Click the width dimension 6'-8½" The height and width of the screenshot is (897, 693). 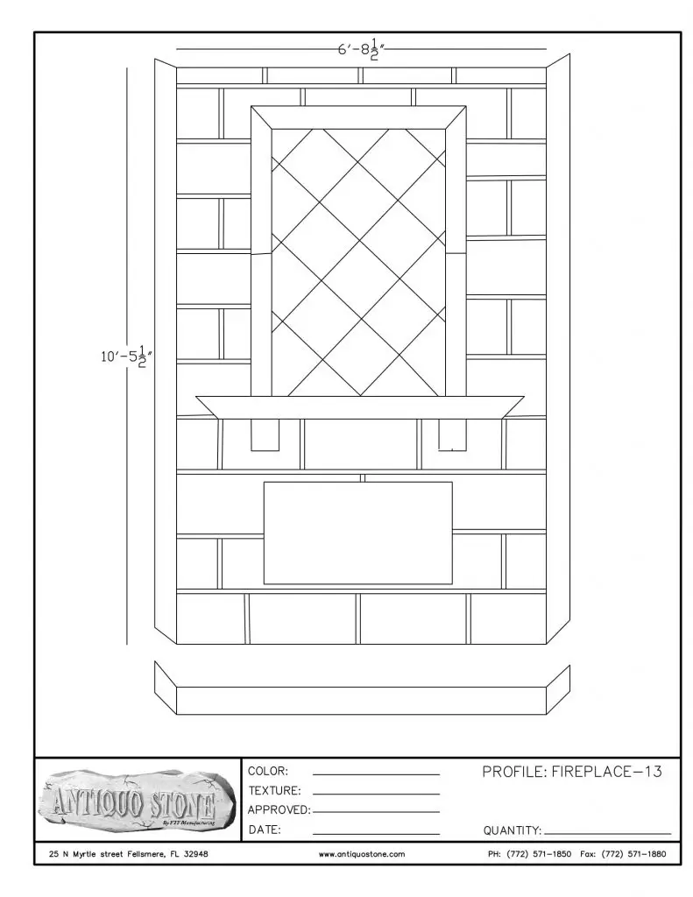point(361,50)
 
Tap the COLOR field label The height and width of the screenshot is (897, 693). point(268,771)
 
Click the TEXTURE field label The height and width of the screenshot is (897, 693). point(274,791)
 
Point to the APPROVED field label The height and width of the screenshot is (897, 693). point(279,810)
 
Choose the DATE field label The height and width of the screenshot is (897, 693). point(265,830)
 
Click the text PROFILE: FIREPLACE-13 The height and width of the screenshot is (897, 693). point(572,772)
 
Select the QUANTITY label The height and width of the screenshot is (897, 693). point(513,830)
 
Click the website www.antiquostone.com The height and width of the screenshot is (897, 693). point(362,854)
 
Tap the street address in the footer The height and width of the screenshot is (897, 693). point(128,854)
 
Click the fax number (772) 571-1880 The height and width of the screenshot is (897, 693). point(623,854)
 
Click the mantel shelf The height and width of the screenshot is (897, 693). point(360,406)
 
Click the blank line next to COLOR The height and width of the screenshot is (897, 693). point(376,775)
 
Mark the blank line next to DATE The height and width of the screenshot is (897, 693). point(376,834)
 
